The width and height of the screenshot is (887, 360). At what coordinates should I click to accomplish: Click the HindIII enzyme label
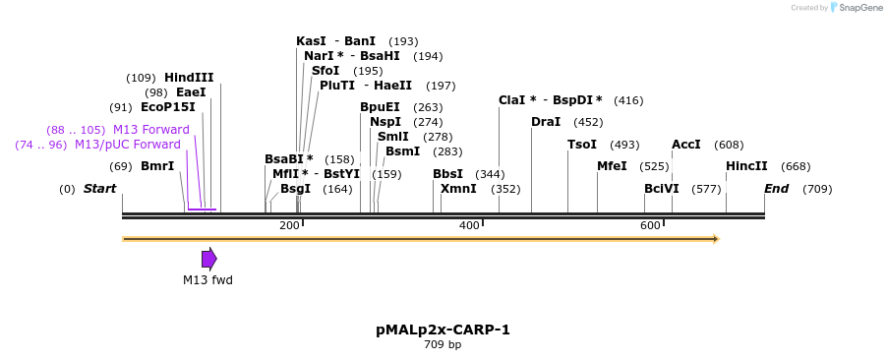coord(189,78)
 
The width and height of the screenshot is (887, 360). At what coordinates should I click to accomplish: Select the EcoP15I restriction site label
coord(168,107)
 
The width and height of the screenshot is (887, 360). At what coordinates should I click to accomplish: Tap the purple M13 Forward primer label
coord(150,130)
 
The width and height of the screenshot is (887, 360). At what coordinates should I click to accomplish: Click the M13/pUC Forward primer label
coord(128,145)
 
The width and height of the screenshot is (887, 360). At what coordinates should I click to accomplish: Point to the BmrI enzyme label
coord(157,166)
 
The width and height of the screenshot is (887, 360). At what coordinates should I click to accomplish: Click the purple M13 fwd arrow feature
coord(208,259)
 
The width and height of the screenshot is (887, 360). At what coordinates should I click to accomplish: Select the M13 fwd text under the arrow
coord(207,280)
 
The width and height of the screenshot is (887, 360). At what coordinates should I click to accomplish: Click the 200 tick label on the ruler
coord(289,226)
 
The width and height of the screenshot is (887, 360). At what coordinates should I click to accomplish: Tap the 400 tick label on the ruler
coord(469,226)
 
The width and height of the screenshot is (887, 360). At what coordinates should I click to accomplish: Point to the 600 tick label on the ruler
coord(650,226)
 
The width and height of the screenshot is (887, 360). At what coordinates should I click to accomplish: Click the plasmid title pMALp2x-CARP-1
coord(443,330)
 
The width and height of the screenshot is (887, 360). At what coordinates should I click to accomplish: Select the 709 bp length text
coord(443,345)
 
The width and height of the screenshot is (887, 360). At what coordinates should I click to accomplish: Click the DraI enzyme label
coord(546,122)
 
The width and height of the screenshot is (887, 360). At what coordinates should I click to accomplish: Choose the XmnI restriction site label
coord(458,189)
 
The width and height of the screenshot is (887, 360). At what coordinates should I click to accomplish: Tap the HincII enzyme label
coord(746,166)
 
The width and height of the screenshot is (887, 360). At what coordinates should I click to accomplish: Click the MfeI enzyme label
coord(612,166)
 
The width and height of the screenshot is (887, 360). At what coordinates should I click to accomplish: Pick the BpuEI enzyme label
coord(380,107)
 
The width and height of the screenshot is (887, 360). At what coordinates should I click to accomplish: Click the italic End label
coord(776,189)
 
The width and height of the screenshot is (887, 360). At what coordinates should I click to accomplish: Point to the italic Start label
coord(99,189)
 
